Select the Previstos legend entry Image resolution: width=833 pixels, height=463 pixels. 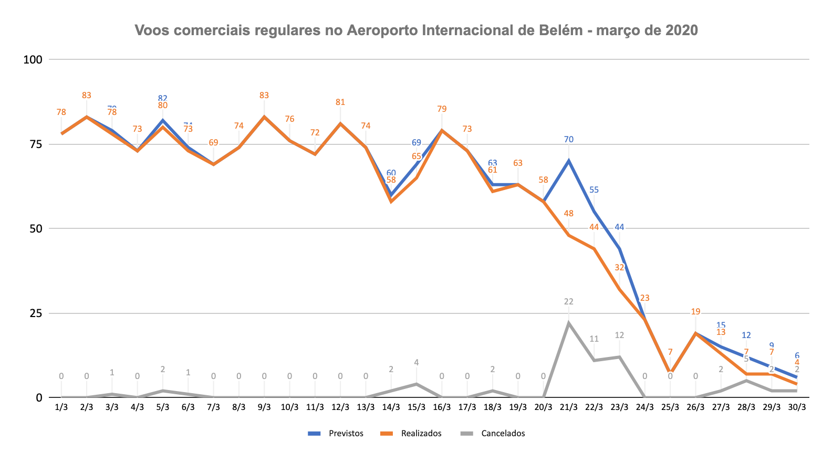[346, 434]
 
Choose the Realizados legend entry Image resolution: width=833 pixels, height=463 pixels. [421, 434]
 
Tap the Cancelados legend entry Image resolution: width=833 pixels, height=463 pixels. [503, 434]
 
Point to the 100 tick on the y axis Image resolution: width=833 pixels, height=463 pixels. [33, 59]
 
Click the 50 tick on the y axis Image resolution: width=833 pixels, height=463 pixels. [36, 228]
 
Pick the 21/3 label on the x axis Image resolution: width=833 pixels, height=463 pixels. [568, 407]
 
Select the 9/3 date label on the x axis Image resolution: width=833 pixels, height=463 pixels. [264, 407]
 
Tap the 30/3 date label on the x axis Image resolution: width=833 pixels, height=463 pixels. [797, 407]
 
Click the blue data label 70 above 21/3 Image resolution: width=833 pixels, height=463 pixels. [569, 139]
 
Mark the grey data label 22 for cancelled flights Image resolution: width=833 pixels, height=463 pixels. [569, 301]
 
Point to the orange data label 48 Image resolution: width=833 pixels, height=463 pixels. [569, 214]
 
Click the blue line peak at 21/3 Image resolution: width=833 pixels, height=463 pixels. [569, 161]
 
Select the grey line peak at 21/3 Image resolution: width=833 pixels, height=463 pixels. [569, 323]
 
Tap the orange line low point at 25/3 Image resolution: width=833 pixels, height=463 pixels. [670, 373]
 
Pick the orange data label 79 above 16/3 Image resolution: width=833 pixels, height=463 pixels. [442, 109]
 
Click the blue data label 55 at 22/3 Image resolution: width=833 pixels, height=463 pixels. [594, 190]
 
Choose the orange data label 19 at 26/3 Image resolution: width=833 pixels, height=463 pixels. [695, 312]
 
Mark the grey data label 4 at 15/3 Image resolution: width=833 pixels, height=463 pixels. [417, 362]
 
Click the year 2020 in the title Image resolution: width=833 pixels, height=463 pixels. [682, 30]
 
